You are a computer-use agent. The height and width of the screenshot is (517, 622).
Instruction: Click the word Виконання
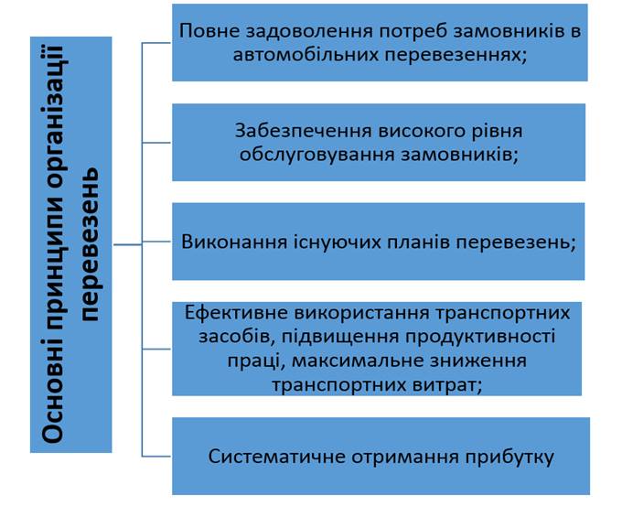pos(234,242)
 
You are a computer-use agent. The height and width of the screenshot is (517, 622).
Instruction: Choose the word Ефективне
pos(236,313)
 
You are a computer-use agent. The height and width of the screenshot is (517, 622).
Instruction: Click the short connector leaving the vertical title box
pos(128,244)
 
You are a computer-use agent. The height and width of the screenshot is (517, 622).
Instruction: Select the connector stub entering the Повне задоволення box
pos(156,42)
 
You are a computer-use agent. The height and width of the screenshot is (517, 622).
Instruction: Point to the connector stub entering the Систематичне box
pos(156,457)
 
